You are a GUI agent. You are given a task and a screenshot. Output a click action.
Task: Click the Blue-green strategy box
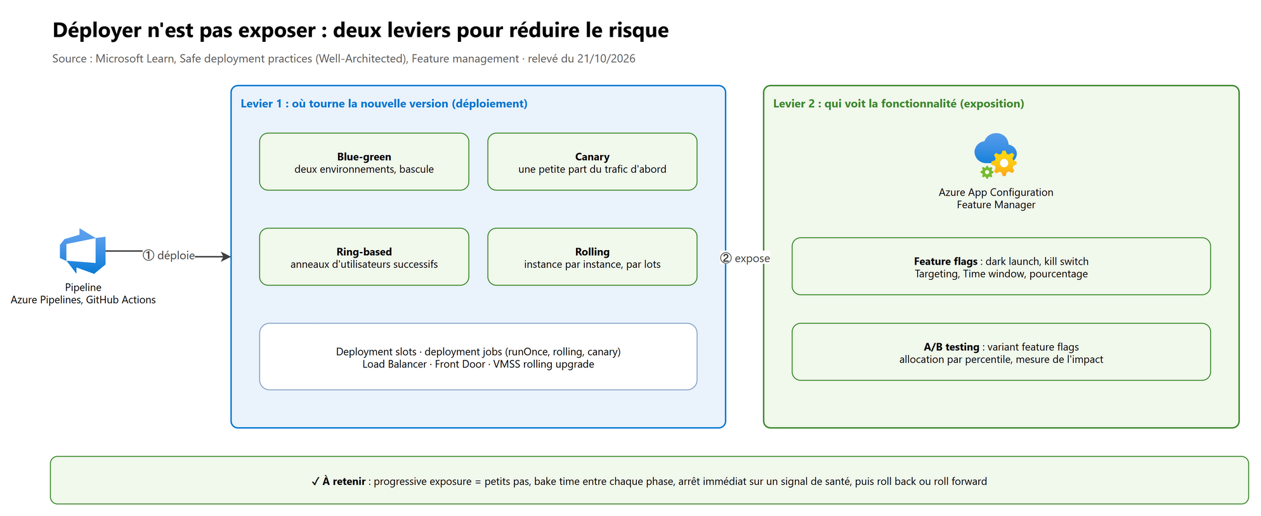coord(364,162)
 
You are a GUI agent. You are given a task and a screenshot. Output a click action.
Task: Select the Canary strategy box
coord(592,162)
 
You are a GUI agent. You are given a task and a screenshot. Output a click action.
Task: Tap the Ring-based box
coord(364,257)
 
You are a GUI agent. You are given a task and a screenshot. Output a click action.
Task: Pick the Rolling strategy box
coord(592,257)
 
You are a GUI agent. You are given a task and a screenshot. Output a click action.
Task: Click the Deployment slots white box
coord(478,357)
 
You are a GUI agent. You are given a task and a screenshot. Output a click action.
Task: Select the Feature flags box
coord(1001,267)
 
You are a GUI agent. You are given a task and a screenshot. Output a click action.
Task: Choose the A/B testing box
coord(1001,352)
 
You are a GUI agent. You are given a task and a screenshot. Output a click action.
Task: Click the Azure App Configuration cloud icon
coord(996,155)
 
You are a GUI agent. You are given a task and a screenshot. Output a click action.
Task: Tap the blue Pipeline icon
coord(83,251)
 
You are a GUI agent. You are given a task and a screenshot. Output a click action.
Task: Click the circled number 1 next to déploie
coord(148,255)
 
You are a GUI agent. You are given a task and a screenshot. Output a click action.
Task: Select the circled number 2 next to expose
coord(726,258)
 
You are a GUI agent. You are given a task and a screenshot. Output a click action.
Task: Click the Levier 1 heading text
coord(384,103)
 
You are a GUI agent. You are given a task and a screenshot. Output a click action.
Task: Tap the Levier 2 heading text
coord(898,103)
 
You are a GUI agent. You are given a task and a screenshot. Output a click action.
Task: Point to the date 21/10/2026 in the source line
coord(606,58)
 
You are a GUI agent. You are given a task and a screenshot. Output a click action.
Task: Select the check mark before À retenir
coord(315,481)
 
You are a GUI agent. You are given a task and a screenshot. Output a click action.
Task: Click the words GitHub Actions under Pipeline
coord(121,300)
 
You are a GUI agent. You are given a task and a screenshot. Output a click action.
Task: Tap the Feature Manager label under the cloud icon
coord(996,204)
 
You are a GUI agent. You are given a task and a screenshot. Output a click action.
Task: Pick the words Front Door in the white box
coord(460,364)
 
